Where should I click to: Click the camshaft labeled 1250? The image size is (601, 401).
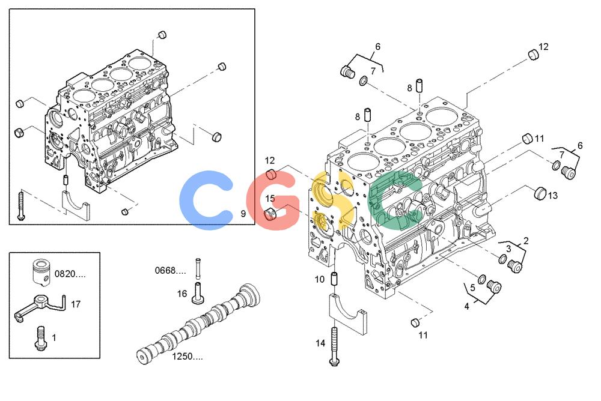tap(197, 324)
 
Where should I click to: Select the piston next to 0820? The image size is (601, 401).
tap(42, 273)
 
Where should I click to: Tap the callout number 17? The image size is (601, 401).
tap(76, 304)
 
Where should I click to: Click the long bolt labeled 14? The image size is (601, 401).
tap(334, 346)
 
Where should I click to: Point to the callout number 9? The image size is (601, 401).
tap(243, 214)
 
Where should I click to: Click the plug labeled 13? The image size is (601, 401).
tap(540, 193)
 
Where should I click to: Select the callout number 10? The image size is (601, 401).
tap(320, 279)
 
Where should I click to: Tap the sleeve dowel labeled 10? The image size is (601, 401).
tap(334, 279)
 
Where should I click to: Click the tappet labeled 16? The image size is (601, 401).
tap(198, 293)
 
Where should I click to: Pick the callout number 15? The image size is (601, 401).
tap(270, 198)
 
